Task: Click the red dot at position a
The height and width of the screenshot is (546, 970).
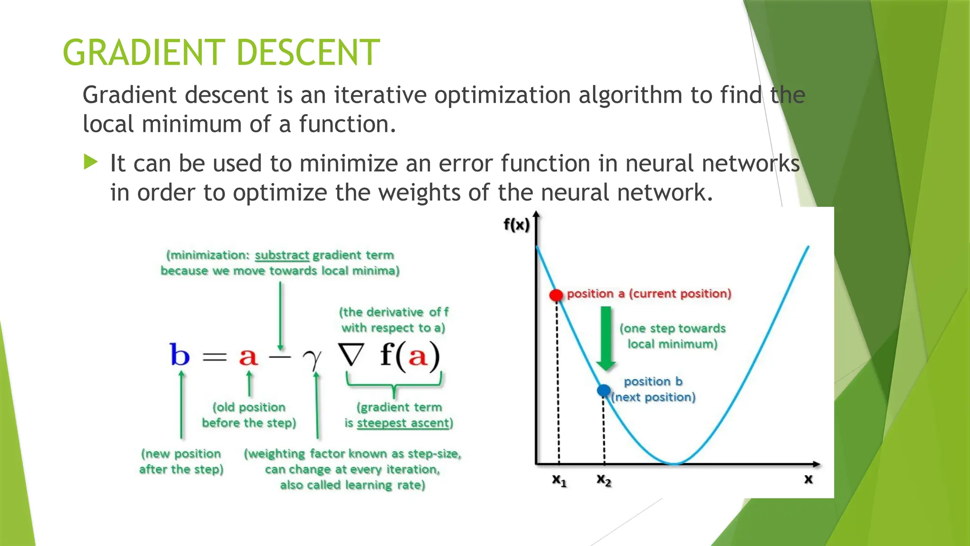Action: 556,295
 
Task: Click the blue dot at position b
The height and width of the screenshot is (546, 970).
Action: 603,390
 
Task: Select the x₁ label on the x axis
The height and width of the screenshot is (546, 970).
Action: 559,480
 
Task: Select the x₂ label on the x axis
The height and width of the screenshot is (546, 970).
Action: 604,480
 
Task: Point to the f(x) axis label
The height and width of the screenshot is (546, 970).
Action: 516,224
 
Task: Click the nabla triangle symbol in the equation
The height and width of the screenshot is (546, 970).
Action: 351,355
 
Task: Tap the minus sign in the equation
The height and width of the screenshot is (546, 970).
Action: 280,356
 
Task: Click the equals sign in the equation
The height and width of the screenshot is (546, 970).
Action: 215,356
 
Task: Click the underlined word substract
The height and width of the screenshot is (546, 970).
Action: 282,255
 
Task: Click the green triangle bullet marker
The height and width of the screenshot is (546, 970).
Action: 90,162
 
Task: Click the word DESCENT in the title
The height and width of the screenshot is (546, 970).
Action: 308,53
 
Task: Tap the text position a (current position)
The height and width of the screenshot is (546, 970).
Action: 649,293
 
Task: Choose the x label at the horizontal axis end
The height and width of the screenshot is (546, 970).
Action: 808,479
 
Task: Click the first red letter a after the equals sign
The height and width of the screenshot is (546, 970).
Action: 248,356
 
